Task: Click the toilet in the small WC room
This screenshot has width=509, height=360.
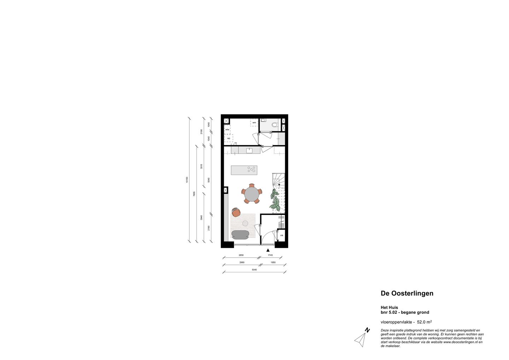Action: [x=275, y=124]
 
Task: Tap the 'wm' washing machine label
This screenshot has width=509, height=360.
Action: [x=254, y=122]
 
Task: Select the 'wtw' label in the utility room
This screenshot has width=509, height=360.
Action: [x=227, y=130]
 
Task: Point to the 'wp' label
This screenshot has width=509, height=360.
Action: [x=228, y=138]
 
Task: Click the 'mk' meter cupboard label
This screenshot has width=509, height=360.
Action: [x=282, y=235]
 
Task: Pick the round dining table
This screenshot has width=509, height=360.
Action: [x=252, y=194]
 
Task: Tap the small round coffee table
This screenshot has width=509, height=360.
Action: [x=245, y=223]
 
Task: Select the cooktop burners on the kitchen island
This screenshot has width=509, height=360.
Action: [x=252, y=170]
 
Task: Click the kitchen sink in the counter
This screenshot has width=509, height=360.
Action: [x=249, y=150]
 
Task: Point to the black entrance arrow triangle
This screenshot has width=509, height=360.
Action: [x=268, y=250]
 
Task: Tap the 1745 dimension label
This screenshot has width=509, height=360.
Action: [x=270, y=255]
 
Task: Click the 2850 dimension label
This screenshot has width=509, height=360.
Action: [x=241, y=255]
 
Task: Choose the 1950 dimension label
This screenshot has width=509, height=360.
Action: [x=273, y=262]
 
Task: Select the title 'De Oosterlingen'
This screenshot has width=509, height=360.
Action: [x=407, y=293]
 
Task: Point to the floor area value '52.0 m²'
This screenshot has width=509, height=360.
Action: [x=424, y=322]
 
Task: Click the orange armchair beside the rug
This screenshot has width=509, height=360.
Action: [x=236, y=212]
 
